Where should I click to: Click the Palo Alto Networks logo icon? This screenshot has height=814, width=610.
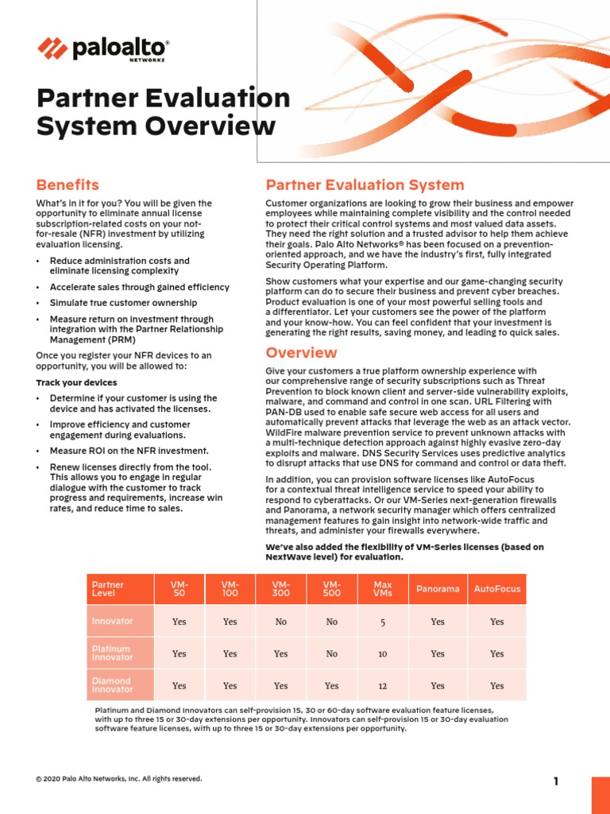(52, 49)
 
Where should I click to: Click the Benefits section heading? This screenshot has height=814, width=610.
(68, 185)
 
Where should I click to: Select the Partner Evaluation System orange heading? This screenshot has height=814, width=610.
(365, 185)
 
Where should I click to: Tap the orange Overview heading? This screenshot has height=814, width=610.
(301, 352)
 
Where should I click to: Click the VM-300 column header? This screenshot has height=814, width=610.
(280, 589)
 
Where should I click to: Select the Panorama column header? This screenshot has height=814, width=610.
(438, 589)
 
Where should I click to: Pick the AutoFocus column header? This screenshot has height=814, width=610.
(496, 589)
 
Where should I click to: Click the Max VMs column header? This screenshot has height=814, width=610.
(382, 589)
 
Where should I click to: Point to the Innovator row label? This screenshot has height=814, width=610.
(112, 621)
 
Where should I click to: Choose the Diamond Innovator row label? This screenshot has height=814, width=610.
(112, 685)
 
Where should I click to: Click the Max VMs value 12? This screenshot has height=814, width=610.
(382, 686)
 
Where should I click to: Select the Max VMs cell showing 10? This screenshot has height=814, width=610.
(382, 653)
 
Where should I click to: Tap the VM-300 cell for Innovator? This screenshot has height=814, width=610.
(280, 622)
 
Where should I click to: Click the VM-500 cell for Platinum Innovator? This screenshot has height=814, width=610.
(331, 653)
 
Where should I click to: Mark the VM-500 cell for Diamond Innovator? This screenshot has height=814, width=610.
(331, 686)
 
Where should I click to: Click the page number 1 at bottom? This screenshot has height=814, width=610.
(556, 781)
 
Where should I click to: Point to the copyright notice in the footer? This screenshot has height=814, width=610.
(119, 779)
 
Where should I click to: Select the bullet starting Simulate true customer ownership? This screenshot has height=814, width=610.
(123, 304)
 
